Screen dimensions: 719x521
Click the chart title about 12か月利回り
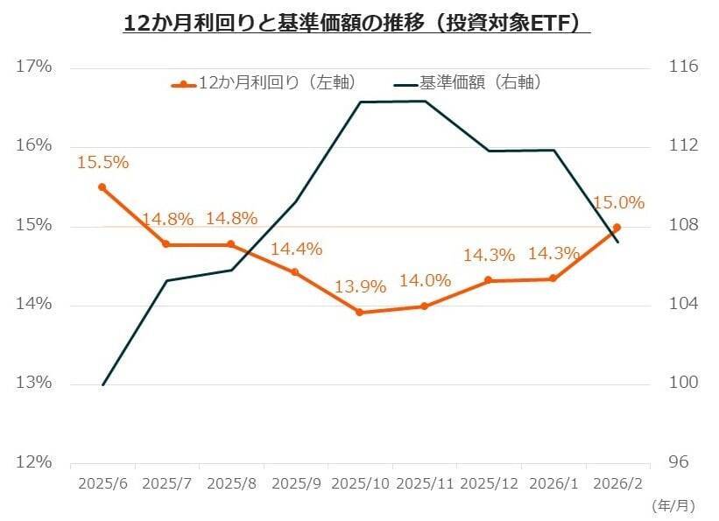click(x=356, y=24)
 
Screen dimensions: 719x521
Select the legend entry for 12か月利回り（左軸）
click(x=264, y=82)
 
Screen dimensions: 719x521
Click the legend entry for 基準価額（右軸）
click(x=468, y=82)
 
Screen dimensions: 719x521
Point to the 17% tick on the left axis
click(x=33, y=67)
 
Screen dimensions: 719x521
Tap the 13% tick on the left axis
click(x=33, y=383)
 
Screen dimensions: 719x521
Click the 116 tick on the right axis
click(x=683, y=67)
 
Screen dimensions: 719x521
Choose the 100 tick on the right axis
click(x=683, y=383)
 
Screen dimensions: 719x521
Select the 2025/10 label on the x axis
click(x=360, y=484)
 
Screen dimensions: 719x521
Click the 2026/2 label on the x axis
click(x=617, y=484)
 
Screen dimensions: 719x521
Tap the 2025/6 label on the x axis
click(x=102, y=484)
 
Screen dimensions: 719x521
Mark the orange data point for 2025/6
click(x=102, y=187)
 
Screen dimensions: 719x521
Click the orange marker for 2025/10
click(x=359, y=313)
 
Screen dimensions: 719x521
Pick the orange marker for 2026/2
click(x=617, y=227)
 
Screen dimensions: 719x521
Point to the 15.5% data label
click(x=102, y=163)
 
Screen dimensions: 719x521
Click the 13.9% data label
click(x=360, y=287)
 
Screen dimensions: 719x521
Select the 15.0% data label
click(x=619, y=202)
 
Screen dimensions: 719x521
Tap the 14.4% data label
click(x=296, y=250)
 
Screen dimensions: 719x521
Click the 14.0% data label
click(x=425, y=280)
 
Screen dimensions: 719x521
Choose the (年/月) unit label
click(x=673, y=506)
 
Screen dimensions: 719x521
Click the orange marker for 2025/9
click(x=295, y=272)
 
